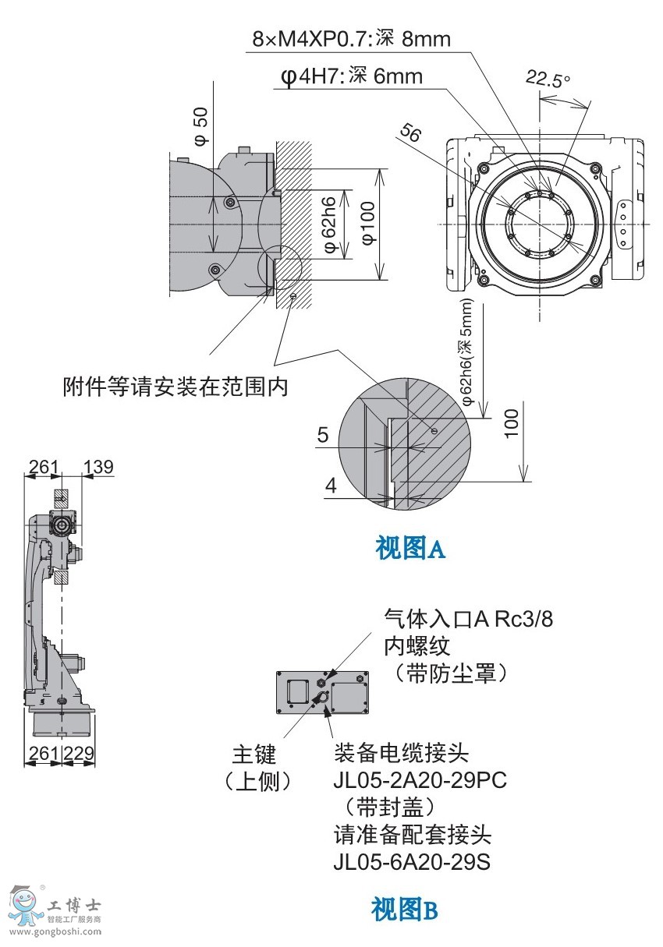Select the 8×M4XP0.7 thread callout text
pos(351,39)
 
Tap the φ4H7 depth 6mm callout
pos(351,76)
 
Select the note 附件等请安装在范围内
pos(175,387)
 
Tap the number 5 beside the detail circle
pos(323,435)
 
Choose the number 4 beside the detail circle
pos(331,486)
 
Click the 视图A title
pos(410,549)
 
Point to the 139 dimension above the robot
pos(98,467)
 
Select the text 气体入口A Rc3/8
pos(468,619)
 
